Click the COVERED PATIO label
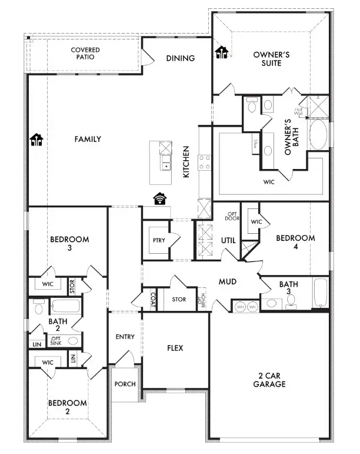(x=85, y=54)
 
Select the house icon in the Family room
(x=36, y=140)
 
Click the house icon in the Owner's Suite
(x=221, y=53)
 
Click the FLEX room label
(x=175, y=348)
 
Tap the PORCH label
(x=125, y=384)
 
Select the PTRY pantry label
(x=158, y=240)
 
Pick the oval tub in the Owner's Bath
(x=318, y=135)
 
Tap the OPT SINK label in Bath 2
(x=56, y=340)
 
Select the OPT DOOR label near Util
(x=232, y=216)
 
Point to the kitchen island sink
(x=166, y=166)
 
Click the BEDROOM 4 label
(x=295, y=242)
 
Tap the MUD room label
(x=227, y=282)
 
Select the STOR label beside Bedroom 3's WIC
(x=72, y=286)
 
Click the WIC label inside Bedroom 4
(x=256, y=221)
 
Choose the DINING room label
(x=180, y=58)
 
